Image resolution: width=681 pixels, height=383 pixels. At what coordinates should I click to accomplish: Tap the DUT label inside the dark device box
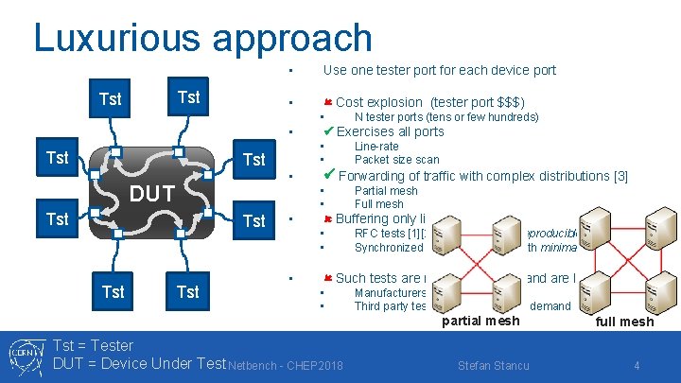click(x=152, y=194)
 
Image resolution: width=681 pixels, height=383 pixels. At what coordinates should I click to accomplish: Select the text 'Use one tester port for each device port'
click(x=439, y=70)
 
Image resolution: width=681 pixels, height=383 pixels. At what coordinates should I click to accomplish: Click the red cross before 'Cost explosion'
click(x=327, y=102)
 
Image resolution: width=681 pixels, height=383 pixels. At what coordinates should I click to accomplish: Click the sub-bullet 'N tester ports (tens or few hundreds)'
click(x=445, y=117)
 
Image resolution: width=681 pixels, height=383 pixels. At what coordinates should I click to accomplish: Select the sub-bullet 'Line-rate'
click(x=376, y=147)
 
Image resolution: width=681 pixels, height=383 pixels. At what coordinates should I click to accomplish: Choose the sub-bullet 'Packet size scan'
click(x=396, y=160)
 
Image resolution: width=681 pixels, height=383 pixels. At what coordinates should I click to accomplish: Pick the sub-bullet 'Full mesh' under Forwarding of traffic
click(x=378, y=204)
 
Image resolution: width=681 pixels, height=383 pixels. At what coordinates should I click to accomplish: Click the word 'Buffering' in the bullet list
click(x=364, y=219)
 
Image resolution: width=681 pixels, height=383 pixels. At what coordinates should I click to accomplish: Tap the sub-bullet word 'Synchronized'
click(x=388, y=248)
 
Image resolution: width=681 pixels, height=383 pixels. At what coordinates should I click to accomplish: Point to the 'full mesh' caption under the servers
click(x=623, y=322)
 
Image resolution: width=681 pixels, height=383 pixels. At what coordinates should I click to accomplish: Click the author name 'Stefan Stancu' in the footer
click(x=493, y=365)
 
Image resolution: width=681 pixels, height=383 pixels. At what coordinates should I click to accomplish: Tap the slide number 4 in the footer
click(x=637, y=365)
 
